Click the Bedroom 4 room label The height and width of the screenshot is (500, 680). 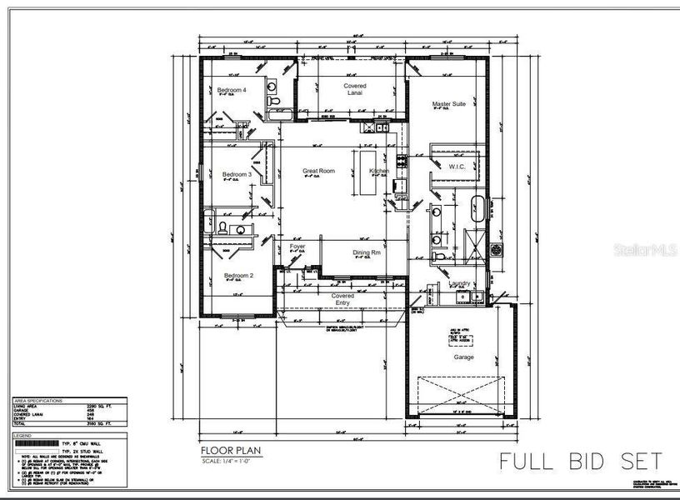232,90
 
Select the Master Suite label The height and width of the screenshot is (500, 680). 448,105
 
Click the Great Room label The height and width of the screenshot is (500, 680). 318,171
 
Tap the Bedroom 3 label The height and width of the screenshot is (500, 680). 237,174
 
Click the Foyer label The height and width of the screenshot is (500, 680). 297,247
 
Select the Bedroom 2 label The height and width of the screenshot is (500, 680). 238,275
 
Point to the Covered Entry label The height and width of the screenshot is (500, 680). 342,298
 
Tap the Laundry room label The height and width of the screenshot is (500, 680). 459,283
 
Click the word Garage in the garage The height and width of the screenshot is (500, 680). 463,357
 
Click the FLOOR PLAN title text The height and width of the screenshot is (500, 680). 231,451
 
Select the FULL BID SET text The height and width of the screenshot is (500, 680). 581,460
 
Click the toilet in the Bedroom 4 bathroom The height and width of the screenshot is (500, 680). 274,102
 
